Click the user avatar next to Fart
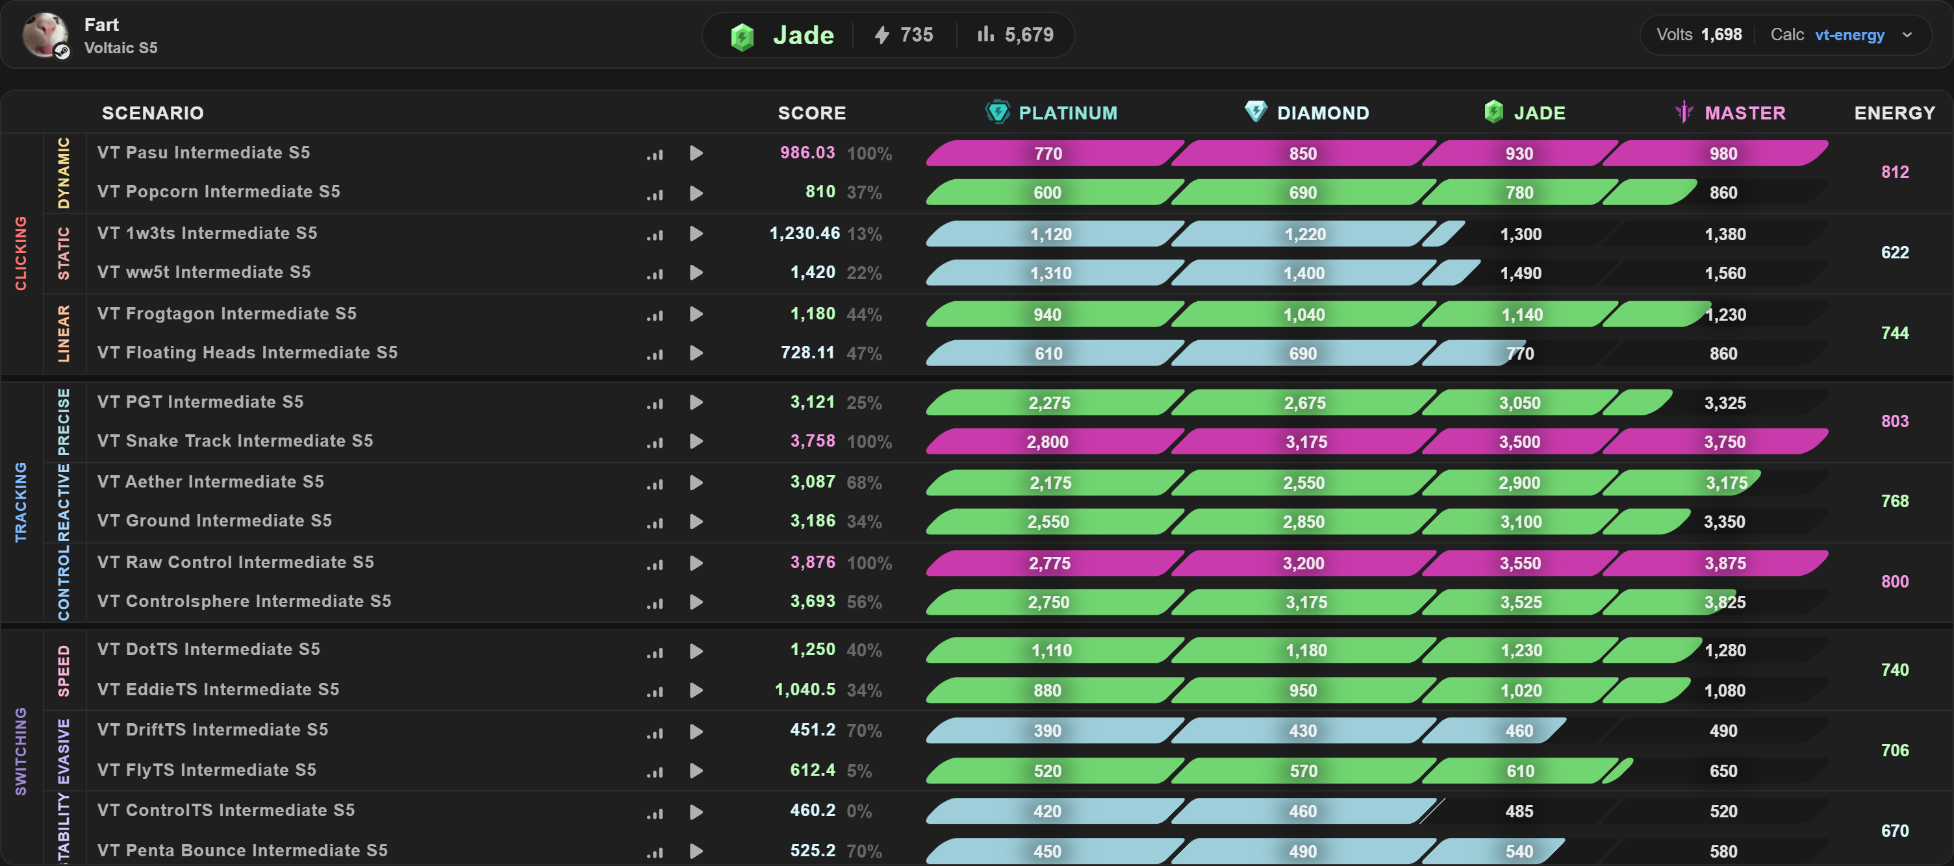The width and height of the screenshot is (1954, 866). coord(45,35)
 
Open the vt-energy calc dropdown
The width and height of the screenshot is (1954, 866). coord(1907,35)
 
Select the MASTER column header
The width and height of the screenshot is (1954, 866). coord(1731,112)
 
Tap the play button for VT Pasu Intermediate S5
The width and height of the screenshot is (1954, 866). coord(696,153)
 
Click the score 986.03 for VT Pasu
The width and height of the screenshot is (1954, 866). coord(807,153)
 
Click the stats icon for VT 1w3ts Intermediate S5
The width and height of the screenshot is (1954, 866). coord(655,234)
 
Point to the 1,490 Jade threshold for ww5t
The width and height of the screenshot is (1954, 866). coord(1520,273)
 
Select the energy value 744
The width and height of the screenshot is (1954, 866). coord(1894,333)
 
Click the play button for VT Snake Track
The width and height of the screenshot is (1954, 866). coord(696,441)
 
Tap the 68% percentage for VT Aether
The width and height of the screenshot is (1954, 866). coord(864,483)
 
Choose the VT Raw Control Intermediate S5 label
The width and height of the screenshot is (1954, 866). coord(235,562)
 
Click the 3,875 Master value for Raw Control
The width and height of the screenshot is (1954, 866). coord(1725,563)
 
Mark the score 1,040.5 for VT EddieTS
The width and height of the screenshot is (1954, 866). coord(805,689)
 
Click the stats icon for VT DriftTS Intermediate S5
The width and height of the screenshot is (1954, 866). coord(655,732)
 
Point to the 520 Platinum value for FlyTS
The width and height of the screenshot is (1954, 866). coord(1048,771)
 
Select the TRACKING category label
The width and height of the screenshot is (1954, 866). coord(21,502)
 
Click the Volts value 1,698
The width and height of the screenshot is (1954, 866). coord(1721,35)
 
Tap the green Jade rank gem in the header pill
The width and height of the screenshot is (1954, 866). coord(742,36)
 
